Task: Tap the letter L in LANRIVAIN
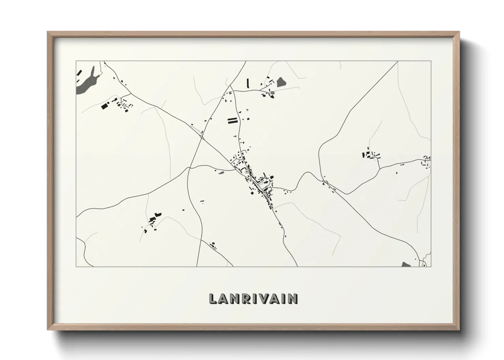coord(212,298)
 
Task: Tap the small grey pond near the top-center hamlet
coord(281,82)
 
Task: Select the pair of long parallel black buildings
coord(232,120)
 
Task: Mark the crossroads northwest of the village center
coord(202,137)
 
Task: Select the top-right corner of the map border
coord(431,61)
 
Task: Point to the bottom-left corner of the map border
coord(76,266)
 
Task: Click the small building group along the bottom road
coord(213,245)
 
